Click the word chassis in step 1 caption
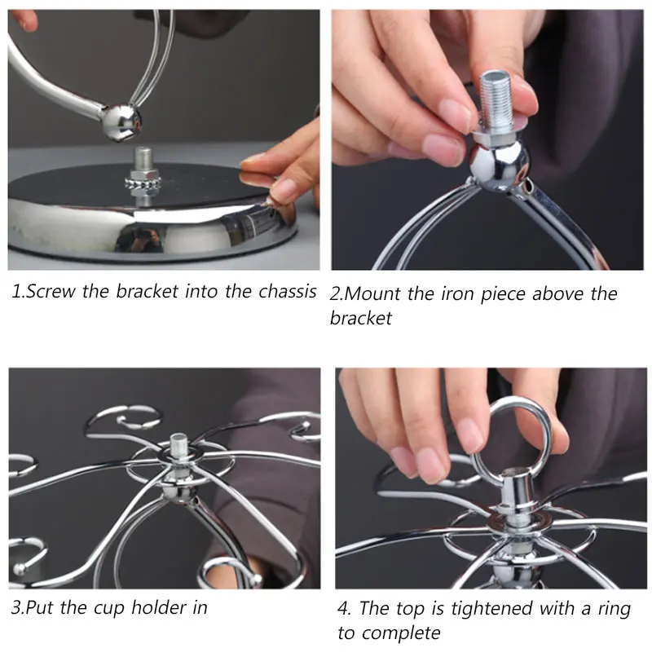[x=287, y=291]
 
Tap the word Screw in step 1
[x=51, y=291]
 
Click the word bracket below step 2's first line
[x=361, y=318]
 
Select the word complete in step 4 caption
[x=402, y=633]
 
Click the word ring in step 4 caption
[x=614, y=609]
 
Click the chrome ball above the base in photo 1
[x=121, y=122]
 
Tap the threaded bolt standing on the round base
[x=143, y=159]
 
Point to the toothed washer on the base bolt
[x=143, y=183]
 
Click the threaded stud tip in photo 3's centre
[x=179, y=445]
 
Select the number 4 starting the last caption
[x=343, y=608]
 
